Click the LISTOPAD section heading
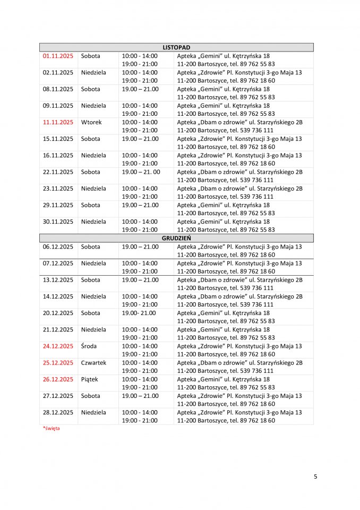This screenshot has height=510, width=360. (176, 47)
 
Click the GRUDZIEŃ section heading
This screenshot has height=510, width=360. (176, 238)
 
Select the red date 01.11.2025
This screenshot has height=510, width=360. (58, 56)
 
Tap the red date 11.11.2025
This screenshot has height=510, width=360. (58, 122)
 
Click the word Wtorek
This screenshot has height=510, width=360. (91, 122)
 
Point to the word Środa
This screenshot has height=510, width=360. (89, 346)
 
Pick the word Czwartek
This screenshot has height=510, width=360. (93, 363)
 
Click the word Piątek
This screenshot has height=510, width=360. (90, 379)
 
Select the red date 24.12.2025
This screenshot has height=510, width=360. (58, 346)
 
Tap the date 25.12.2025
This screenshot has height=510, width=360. (58, 363)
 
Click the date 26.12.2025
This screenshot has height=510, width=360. (58, 379)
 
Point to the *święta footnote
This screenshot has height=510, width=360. (51, 428)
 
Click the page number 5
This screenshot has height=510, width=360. (315, 477)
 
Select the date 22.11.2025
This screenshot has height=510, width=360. (58, 172)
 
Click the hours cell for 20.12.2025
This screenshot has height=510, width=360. (136, 313)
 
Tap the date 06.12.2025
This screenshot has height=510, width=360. (58, 246)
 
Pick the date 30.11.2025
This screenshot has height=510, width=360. (58, 222)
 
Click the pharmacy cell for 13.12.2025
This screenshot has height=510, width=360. (239, 284)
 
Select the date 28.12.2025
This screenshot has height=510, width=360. (58, 412)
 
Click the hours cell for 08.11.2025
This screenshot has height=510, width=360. (140, 89)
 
